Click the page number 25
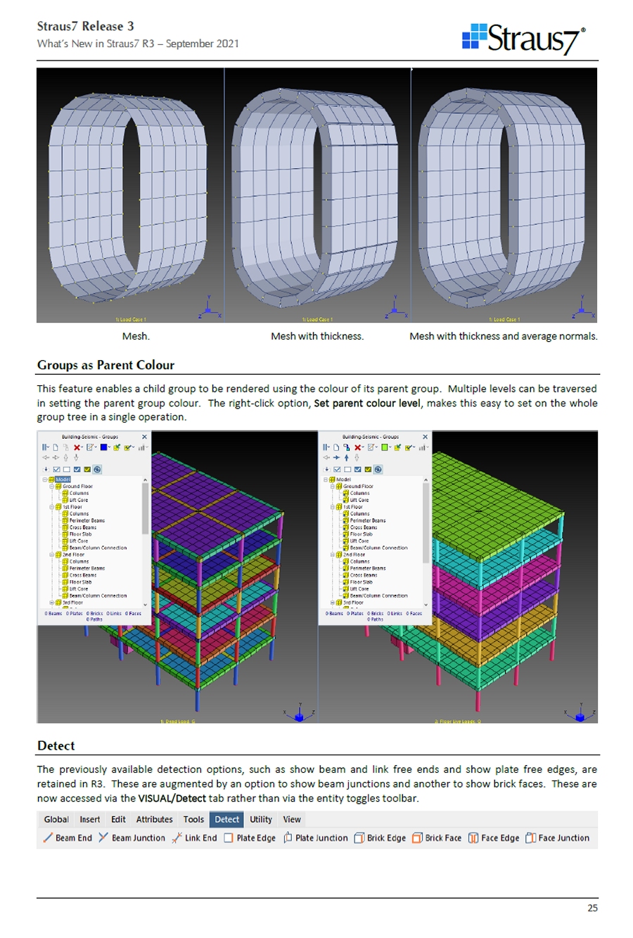[x=592, y=908]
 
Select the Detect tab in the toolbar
[x=226, y=819]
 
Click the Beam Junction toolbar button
[x=132, y=838]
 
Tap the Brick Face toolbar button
[x=437, y=838]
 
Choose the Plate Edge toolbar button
[x=250, y=838]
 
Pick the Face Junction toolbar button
[x=557, y=838]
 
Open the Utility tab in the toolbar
[x=261, y=819]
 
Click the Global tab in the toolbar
[x=56, y=819]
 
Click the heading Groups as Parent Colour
[x=105, y=365]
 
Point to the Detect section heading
[x=56, y=746]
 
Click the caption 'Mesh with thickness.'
[x=317, y=336]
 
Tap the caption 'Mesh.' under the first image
[x=136, y=336]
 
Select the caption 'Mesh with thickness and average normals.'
[x=504, y=336]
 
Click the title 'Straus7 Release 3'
[x=85, y=26]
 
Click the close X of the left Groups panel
[x=145, y=437]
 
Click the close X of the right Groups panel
[x=425, y=437]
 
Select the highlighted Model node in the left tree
[x=63, y=480]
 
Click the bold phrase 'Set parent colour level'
[x=366, y=403]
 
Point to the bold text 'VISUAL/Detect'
[x=172, y=798]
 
